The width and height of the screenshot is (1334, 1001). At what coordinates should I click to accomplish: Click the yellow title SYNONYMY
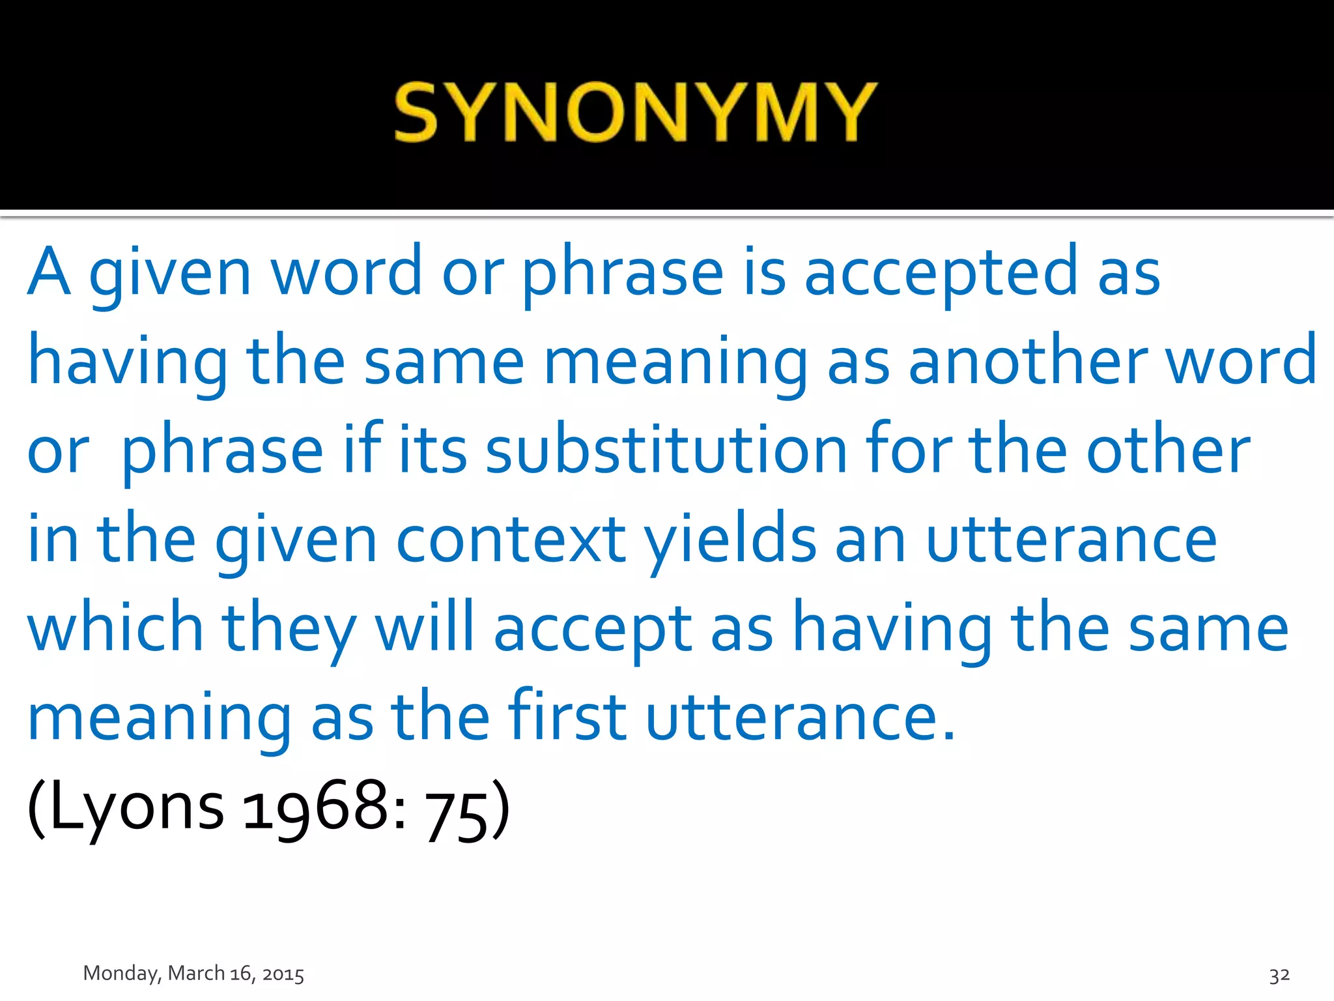tap(636, 112)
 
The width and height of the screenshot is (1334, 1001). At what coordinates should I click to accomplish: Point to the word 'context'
tap(511, 540)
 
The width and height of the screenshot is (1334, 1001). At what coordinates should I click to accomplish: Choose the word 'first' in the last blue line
tap(567, 717)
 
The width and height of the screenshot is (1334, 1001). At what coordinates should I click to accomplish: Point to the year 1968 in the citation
tap(316, 808)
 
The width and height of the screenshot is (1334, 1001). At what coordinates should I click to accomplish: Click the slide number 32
tap(1279, 975)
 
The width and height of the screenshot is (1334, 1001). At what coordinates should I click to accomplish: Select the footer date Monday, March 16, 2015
tap(193, 974)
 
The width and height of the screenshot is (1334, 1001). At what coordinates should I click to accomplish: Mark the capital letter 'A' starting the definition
tap(49, 271)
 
